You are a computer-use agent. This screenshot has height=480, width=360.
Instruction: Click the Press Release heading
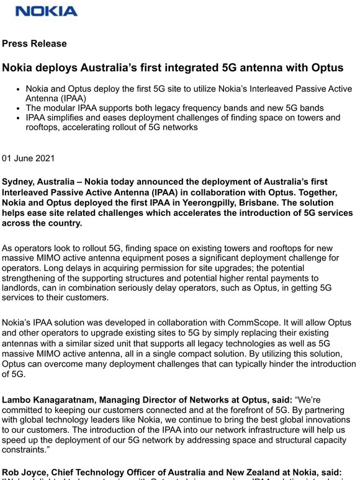tap(34, 44)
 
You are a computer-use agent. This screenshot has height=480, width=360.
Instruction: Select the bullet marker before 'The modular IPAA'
tap(20, 108)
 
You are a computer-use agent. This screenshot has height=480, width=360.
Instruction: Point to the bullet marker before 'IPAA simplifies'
tap(20, 118)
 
